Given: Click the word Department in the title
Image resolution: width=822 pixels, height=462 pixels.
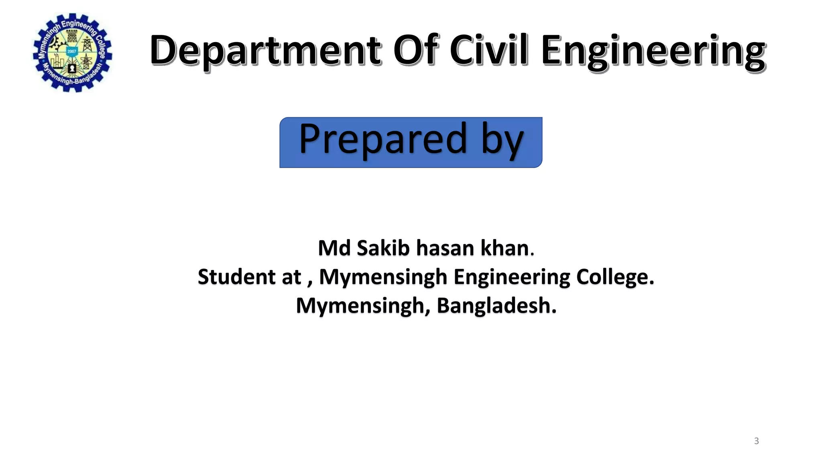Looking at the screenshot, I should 265,51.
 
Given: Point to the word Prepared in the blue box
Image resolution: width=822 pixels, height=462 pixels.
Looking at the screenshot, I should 383,139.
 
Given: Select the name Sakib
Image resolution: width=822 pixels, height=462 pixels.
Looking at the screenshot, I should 383,248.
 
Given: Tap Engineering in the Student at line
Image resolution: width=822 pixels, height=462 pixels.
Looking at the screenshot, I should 512,278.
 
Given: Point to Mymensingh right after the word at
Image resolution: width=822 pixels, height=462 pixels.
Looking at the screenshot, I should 383,278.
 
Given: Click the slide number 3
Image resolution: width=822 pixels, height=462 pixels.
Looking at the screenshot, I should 756,441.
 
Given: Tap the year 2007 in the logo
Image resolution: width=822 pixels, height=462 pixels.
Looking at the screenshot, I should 72,51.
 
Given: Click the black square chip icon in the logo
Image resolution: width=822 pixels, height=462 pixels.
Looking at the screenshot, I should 72,68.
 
